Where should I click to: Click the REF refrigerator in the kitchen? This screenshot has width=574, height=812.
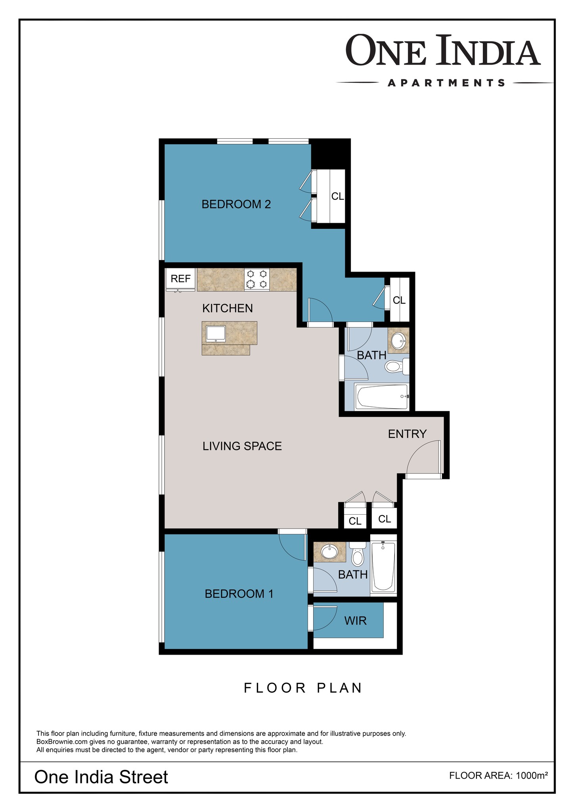tap(180, 279)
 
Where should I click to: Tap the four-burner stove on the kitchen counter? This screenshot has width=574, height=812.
tap(256, 279)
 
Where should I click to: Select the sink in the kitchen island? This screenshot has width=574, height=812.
tap(216, 334)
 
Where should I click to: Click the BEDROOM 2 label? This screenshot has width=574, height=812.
tap(236, 204)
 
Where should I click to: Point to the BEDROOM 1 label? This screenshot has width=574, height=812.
tap(239, 594)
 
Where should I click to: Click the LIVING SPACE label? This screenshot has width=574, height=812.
tap(242, 446)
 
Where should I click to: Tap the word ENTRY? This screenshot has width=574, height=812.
tap(407, 434)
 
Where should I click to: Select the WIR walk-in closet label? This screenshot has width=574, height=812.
tap(356, 620)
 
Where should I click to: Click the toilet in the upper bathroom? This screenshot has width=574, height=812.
tap(397, 366)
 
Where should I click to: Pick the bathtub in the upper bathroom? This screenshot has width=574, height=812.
tap(382, 396)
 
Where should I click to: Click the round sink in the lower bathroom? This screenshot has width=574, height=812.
tap(329, 552)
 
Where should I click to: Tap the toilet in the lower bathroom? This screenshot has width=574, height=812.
tap(358, 553)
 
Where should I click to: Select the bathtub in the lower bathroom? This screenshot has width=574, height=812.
tap(383, 567)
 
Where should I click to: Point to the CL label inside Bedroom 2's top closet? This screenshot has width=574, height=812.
tap(338, 196)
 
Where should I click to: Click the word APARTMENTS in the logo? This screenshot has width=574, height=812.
tap(446, 83)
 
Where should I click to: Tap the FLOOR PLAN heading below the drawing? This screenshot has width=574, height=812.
tap(303, 688)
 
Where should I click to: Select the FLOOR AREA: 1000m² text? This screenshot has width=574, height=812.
tap(499, 776)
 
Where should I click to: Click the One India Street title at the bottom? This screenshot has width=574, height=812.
tap(101, 777)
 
